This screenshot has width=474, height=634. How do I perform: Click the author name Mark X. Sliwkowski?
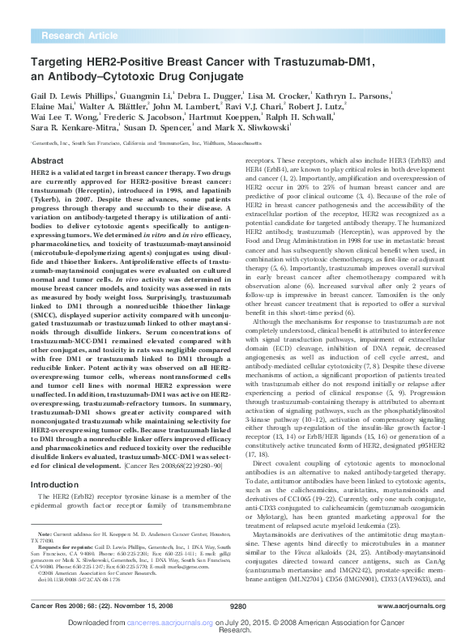251,131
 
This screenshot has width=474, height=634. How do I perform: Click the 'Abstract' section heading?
47,162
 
